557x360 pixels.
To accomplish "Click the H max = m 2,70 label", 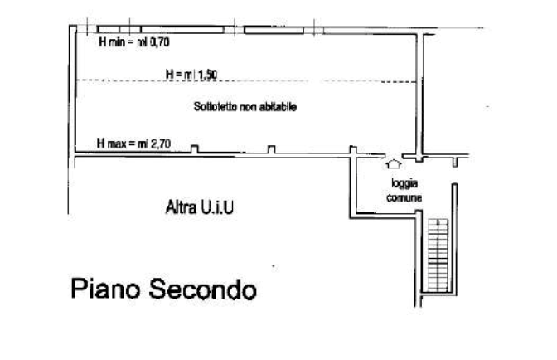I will point(133,144).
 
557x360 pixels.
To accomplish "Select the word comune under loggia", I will point(404,198).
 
